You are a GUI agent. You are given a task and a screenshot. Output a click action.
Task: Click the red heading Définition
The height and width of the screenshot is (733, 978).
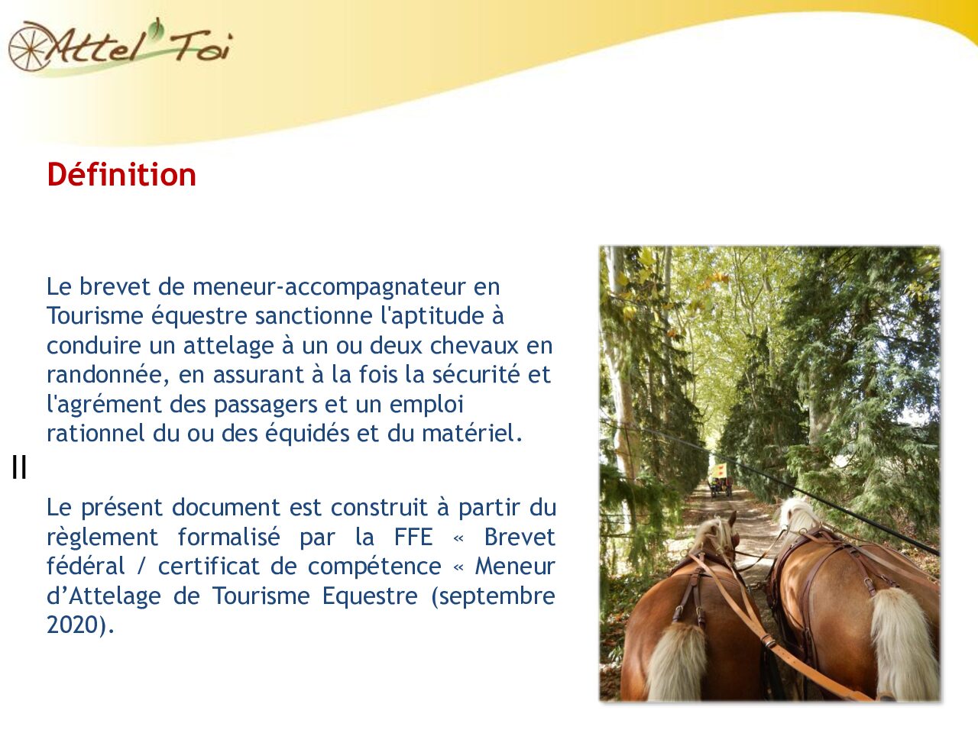click(121, 175)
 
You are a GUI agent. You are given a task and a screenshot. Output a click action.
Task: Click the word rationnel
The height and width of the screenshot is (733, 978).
click(96, 433)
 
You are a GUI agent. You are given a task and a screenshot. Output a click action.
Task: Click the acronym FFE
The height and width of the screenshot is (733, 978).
click(413, 537)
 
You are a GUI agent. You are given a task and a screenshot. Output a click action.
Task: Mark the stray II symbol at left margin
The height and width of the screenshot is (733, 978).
click(19, 467)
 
